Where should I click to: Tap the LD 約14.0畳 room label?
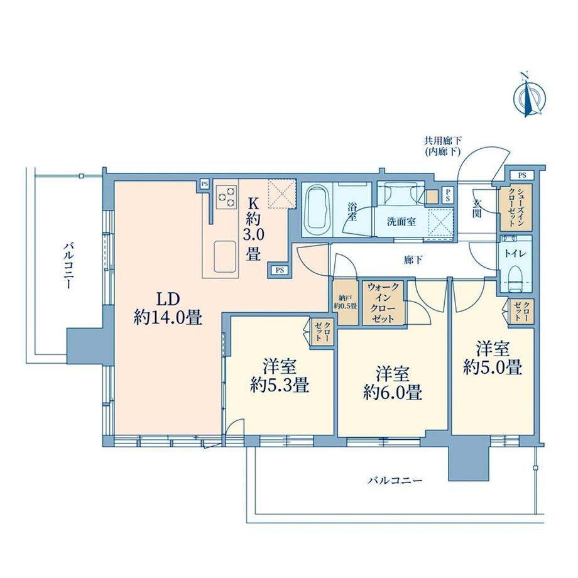pos(168,308)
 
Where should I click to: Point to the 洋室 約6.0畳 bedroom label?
pos(393,383)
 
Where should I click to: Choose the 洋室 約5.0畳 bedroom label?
pos(493,358)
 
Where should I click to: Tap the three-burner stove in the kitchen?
pos(226,197)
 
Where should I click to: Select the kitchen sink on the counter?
pos(224,256)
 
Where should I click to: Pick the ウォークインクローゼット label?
pos(383,302)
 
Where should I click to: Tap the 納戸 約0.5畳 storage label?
pos(346,302)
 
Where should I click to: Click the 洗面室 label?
pos(401,222)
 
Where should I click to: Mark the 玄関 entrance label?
pos(477,209)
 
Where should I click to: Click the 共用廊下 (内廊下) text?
pos(442,146)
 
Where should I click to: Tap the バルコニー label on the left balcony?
pos(67,265)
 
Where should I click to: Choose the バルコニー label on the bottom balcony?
pos(395,481)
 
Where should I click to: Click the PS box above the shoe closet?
pos(522,175)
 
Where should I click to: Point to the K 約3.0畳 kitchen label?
pos(253,229)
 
